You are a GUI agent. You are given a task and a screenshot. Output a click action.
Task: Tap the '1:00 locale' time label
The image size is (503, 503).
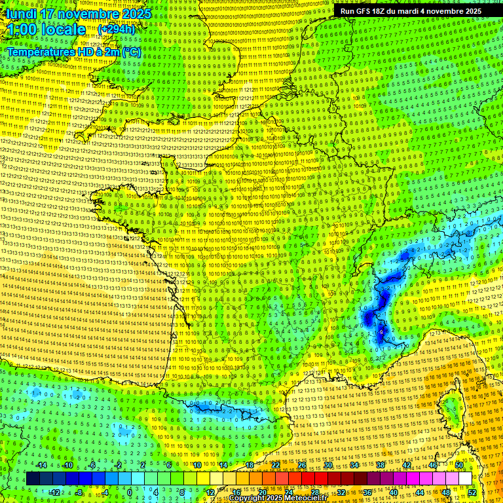pos(47,29)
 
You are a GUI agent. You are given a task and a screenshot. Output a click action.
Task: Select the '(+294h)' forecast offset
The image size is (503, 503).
pos(117,29)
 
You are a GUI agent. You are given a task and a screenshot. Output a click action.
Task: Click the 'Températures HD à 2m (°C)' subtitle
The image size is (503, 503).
pos(73,52)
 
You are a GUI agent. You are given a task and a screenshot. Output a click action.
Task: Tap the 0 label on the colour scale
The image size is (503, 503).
pos(129,492)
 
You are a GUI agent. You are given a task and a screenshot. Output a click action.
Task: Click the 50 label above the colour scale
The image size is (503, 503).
pos(459,465)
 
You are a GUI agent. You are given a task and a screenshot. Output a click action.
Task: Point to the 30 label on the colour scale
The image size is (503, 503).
pos(327,465)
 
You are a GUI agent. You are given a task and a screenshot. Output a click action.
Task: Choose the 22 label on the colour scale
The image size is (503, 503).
pos(276,465)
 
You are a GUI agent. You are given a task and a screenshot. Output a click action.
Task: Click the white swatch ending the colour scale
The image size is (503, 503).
pos(465,479)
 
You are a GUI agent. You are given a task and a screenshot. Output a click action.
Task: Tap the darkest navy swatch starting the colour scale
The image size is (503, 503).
pos(33,479)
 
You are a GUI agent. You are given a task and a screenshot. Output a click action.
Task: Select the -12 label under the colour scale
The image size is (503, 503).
pos(55,492)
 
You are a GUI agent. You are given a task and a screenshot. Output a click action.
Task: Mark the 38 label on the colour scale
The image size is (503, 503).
pos(380,465)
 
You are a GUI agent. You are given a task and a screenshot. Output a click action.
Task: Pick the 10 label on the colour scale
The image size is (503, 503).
pos(196,465)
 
